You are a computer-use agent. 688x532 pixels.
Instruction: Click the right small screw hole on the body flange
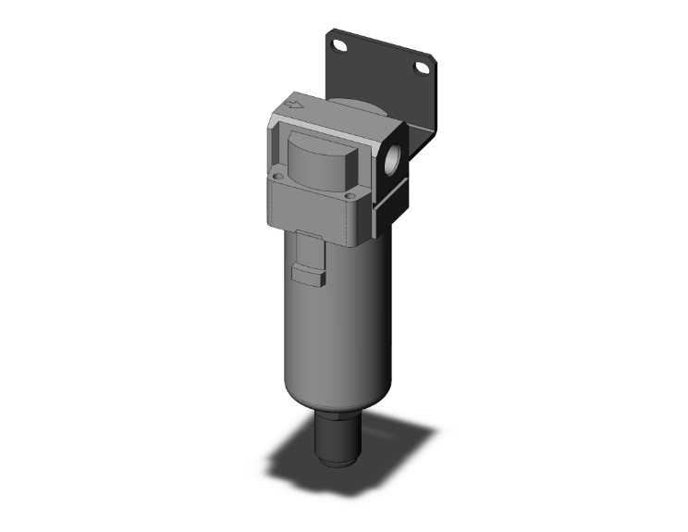pos(350,195)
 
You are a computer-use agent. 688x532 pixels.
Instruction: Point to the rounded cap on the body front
pos(319,164)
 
